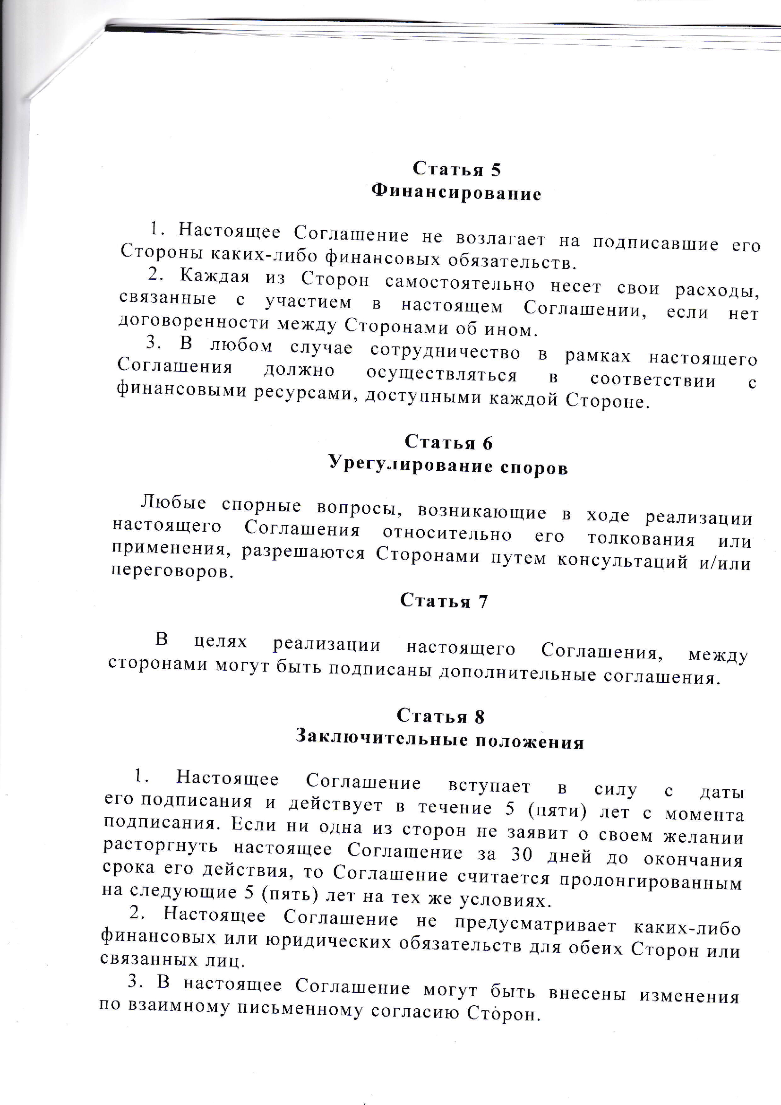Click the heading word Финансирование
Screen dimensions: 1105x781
click(x=456, y=193)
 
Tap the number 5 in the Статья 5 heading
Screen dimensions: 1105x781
click(x=496, y=170)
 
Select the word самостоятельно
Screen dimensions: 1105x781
click(x=460, y=284)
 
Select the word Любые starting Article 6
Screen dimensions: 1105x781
click(x=174, y=502)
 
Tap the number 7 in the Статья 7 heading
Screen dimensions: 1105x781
click(x=483, y=602)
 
